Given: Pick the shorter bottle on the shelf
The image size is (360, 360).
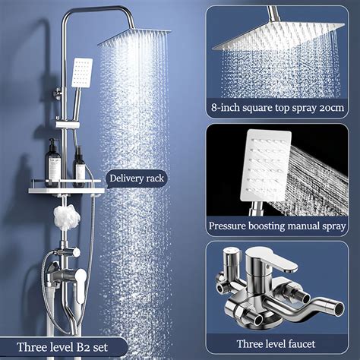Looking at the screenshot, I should coord(78,168).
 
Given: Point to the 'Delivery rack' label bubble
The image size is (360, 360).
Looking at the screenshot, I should coord(136,178).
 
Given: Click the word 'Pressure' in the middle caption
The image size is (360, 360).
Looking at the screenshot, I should coord(232,226).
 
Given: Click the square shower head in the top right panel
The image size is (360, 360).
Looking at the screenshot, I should coord(273,34).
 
